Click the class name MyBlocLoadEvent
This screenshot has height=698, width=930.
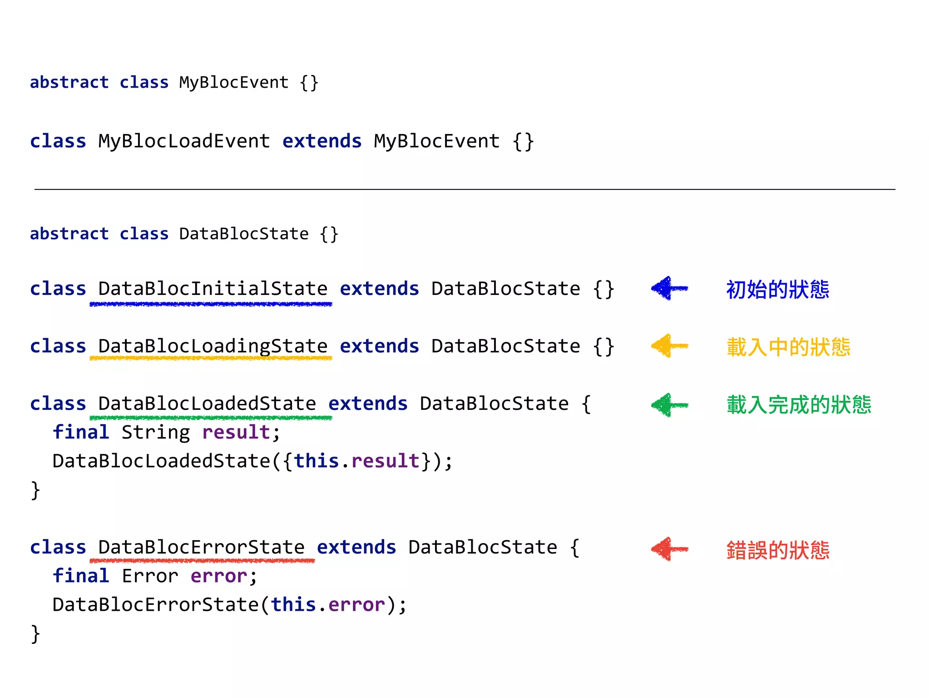pyautogui.click(x=184, y=141)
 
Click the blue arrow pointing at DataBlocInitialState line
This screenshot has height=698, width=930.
pyautogui.click(x=669, y=288)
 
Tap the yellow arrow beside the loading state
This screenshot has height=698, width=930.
pyautogui.click(x=669, y=346)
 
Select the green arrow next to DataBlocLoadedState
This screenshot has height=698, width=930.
pyautogui.click(x=669, y=405)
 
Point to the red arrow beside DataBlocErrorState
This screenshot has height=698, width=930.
pyautogui.click(x=669, y=549)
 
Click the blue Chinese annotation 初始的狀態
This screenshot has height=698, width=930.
pyautogui.click(x=777, y=289)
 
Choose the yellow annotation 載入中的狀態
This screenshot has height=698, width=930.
pyautogui.click(x=788, y=347)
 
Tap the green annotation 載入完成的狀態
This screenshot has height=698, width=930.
pyautogui.click(x=799, y=405)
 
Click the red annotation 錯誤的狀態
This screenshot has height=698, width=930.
pyautogui.click(x=777, y=550)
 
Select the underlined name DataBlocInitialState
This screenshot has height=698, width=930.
pyautogui.click(x=213, y=289)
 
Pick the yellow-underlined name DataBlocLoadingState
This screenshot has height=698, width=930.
pyautogui.click(x=213, y=346)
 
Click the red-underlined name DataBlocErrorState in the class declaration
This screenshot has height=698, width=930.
pyautogui.click(x=201, y=548)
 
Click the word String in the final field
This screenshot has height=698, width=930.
pyautogui.click(x=156, y=432)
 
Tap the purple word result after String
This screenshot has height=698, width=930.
pyautogui.click(x=236, y=432)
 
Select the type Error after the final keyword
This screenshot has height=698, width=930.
pyautogui.click(x=150, y=576)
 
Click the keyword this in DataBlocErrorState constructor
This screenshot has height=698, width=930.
pyautogui.click(x=293, y=605)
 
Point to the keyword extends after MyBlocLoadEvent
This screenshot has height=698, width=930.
pyautogui.click(x=322, y=141)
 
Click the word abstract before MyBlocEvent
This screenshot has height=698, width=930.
pyautogui.click(x=69, y=83)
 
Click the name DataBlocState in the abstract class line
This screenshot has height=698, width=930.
pyautogui.click(x=244, y=234)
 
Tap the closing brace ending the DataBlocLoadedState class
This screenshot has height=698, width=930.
pyautogui.click(x=35, y=490)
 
